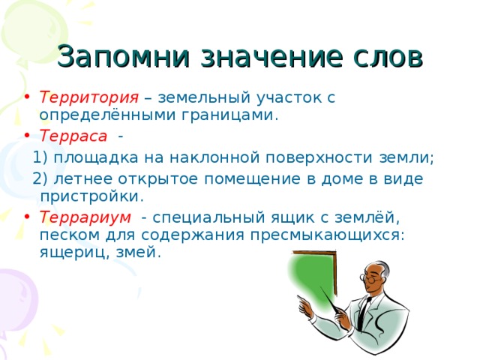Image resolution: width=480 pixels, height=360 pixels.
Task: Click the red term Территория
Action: [x=88, y=98]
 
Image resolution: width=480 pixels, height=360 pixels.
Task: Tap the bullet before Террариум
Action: [x=27, y=217]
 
